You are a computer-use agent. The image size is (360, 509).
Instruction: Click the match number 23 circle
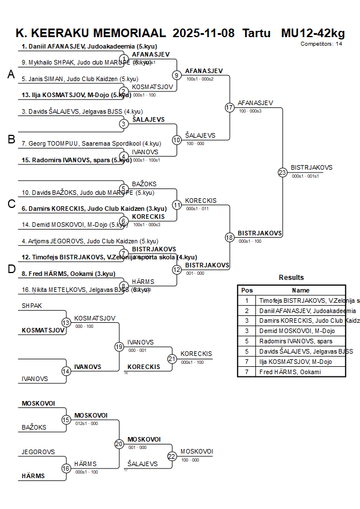282,172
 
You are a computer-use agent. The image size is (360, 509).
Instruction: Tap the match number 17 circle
230,107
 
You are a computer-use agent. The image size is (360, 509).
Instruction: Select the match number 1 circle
124,59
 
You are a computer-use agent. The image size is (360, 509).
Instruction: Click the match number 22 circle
172,456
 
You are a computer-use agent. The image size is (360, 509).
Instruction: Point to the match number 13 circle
66,323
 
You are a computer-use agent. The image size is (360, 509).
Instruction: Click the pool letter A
11,74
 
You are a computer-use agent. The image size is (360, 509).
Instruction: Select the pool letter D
11,269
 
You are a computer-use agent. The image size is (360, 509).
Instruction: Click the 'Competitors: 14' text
321,43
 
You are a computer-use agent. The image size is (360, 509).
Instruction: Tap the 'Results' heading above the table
291,278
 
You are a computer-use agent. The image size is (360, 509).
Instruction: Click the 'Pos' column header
247,290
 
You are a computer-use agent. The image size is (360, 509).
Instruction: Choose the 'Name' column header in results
301,290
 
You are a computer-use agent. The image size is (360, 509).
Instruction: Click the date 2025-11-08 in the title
203,33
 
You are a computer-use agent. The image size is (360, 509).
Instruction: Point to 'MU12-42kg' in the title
313,33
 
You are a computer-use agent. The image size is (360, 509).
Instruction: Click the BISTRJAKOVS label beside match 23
311,167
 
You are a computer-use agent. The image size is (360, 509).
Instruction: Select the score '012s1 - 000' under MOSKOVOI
86,423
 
